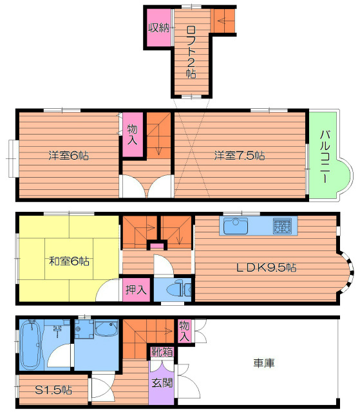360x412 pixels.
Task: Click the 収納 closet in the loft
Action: (158, 27)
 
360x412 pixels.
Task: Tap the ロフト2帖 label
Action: (191, 52)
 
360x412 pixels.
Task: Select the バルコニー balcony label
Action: (325, 156)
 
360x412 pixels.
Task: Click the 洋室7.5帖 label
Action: (240, 156)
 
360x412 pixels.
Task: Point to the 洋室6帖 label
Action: (68, 156)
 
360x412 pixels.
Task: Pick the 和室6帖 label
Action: (70, 261)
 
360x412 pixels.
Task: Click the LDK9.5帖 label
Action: (267, 268)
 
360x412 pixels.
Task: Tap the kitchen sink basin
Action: (236, 226)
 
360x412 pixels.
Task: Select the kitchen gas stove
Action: (282, 226)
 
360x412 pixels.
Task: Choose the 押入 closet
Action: (136, 290)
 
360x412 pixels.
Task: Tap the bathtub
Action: (30, 344)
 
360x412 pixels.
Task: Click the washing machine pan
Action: (84, 329)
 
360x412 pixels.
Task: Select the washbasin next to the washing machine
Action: (106, 328)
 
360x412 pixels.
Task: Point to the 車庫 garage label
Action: (264, 363)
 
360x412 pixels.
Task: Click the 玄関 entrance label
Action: (162, 383)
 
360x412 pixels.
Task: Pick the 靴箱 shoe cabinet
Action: (162, 352)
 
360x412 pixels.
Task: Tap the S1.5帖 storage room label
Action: (53, 390)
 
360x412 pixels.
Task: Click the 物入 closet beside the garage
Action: (184, 331)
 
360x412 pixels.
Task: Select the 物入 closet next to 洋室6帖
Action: (133, 135)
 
